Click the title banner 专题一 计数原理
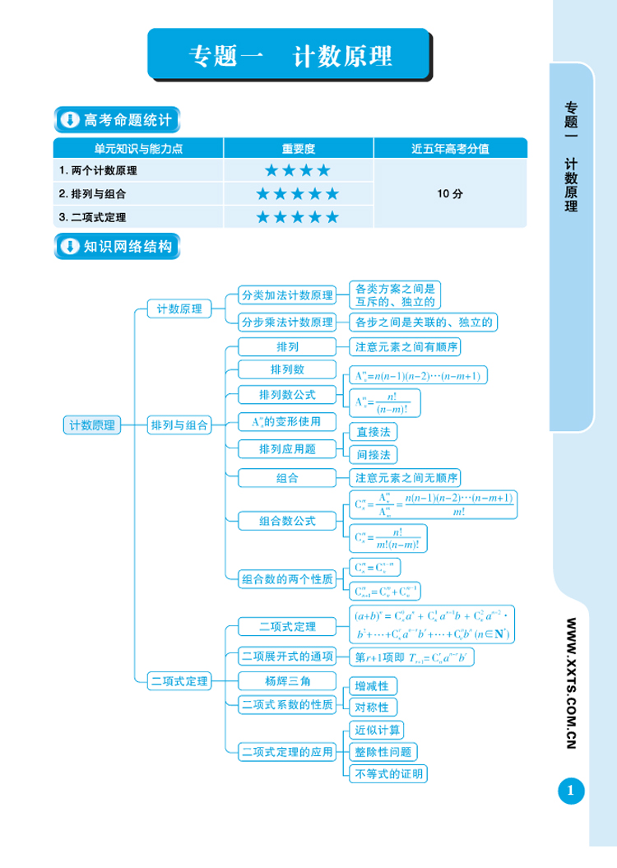[290, 55]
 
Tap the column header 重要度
[299, 148]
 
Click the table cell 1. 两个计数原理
[99, 171]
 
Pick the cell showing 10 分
[450, 194]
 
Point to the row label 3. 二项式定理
[93, 217]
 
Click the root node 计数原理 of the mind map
[92, 425]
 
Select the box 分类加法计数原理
[287, 295]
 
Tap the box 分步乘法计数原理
[287, 322]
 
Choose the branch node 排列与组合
[179, 425]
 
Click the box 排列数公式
[287, 394]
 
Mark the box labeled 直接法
[373, 431]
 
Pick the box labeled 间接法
[373, 453]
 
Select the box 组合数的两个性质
[288, 579]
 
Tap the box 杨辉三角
[287, 680]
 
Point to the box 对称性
[373, 708]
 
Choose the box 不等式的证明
[388, 774]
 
